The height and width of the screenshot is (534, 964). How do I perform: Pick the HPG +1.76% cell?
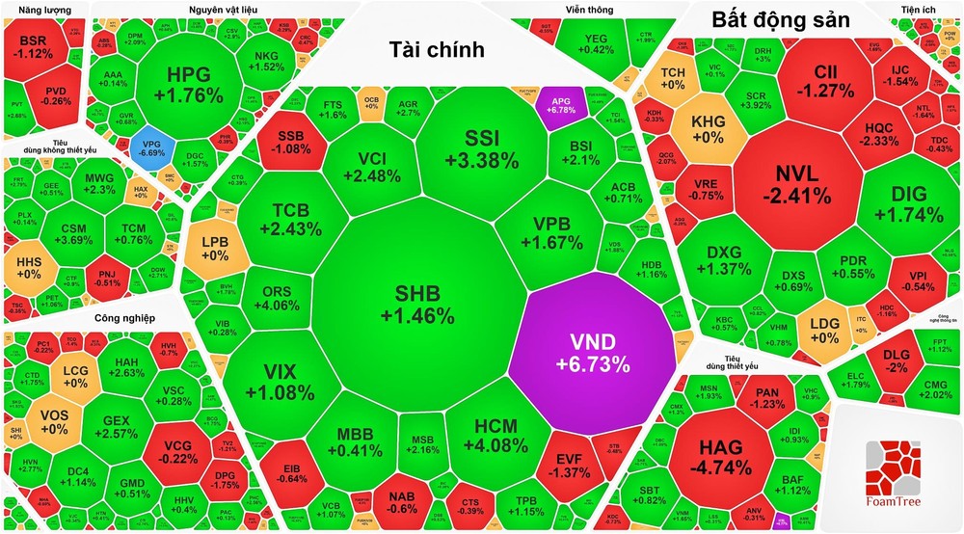[x=182, y=84]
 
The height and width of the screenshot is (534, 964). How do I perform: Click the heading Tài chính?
[x=437, y=49]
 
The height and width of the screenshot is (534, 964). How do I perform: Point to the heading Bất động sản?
[x=779, y=20]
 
